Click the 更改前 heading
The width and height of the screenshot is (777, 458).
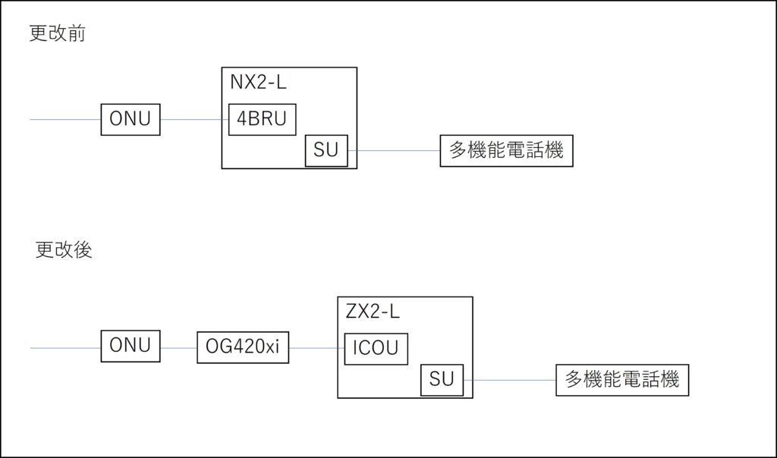(x=57, y=35)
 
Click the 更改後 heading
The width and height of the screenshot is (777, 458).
(x=64, y=250)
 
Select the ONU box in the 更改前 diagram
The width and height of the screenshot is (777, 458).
(x=131, y=120)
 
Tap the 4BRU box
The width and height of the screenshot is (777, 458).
(x=263, y=120)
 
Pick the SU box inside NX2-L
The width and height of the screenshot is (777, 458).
(x=326, y=151)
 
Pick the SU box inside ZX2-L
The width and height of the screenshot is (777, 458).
(x=442, y=379)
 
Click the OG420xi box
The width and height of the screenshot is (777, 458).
(x=243, y=348)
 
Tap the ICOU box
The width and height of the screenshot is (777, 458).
(x=376, y=349)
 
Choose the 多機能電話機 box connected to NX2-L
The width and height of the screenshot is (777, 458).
(x=506, y=151)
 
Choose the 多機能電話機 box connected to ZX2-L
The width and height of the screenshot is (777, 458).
(x=622, y=379)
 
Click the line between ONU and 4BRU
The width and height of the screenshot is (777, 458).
(x=194, y=120)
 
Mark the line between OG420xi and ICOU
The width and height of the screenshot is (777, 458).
(x=316, y=348)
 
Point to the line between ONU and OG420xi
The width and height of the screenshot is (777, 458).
(x=178, y=348)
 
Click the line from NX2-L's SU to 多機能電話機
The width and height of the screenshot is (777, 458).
(x=394, y=151)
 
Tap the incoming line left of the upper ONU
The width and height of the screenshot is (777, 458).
(x=65, y=120)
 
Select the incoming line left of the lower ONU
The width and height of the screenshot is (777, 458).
(x=65, y=348)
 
